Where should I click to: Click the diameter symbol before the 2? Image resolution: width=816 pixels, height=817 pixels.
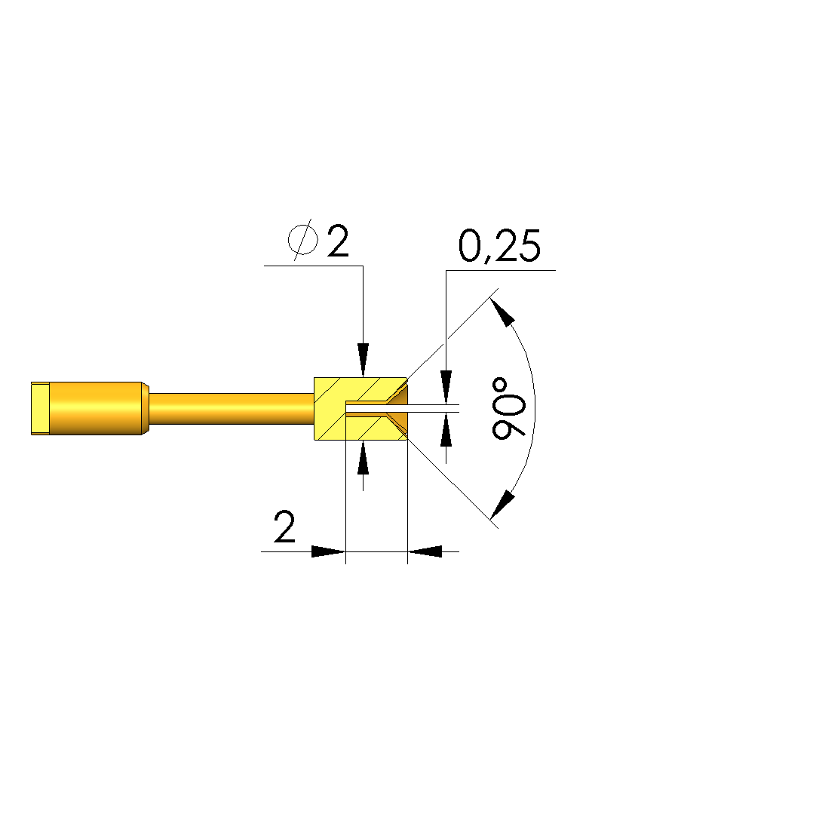(302, 240)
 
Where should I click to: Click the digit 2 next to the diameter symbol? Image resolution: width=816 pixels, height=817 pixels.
(338, 241)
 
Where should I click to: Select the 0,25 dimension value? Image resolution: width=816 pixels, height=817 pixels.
(499, 245)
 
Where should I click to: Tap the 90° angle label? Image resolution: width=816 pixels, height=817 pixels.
(509, 408)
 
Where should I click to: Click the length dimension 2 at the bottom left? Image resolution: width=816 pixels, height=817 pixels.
(284, 527)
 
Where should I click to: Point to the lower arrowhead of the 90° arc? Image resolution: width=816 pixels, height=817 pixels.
(502, 505)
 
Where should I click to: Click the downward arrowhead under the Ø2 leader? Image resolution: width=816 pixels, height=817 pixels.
(363, 360)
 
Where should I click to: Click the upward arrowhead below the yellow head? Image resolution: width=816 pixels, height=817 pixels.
(363, 458)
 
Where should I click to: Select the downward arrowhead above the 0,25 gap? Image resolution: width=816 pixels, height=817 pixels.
(446, 387)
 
